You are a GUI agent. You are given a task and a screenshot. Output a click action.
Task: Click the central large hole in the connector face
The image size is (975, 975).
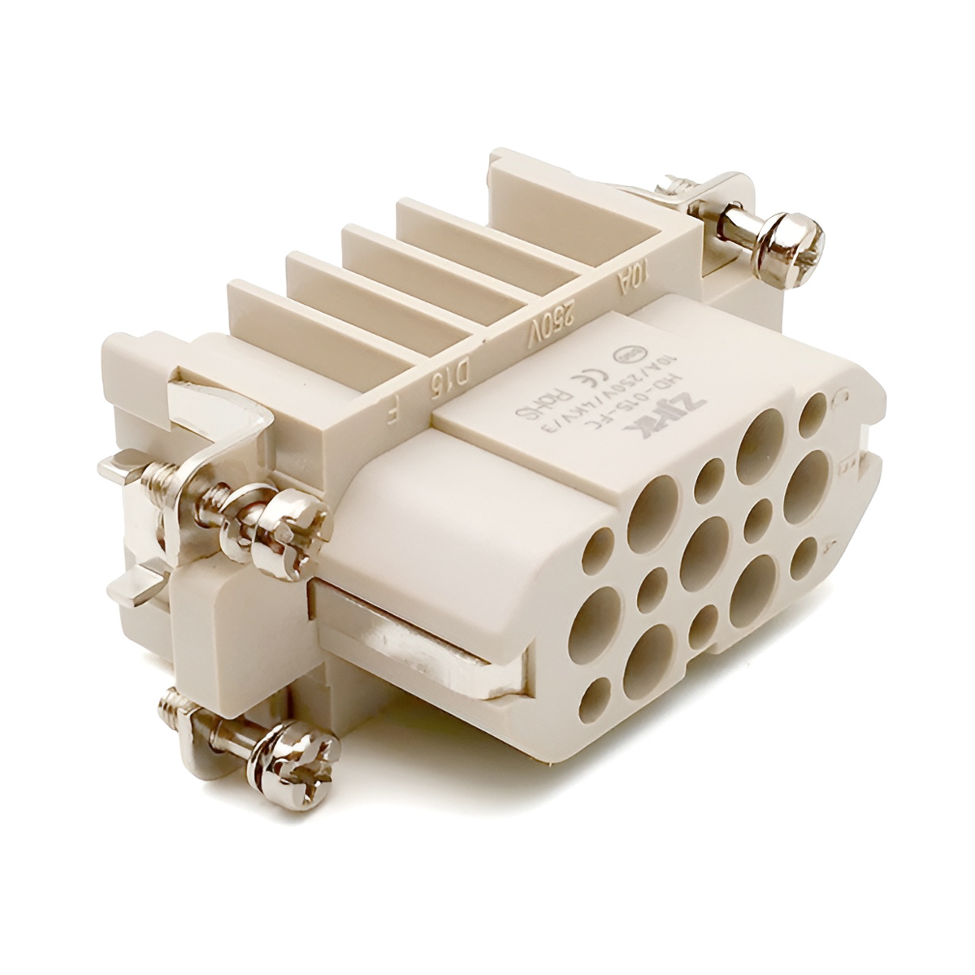[x=706, y=542]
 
